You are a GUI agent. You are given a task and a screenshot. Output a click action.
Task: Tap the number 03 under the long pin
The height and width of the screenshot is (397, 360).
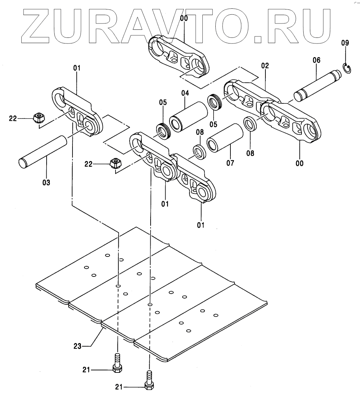(x=46, y=182)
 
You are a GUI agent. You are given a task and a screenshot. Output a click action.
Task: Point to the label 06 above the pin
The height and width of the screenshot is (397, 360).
(x=316, y=60)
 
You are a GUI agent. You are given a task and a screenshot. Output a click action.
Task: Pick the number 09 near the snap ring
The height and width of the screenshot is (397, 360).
(x=345, y=43)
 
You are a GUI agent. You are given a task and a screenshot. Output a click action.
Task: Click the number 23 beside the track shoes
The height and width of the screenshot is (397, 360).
(x=77, y=346)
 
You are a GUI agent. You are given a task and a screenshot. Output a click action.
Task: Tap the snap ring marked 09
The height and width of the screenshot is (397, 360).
(x=347, y=68)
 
